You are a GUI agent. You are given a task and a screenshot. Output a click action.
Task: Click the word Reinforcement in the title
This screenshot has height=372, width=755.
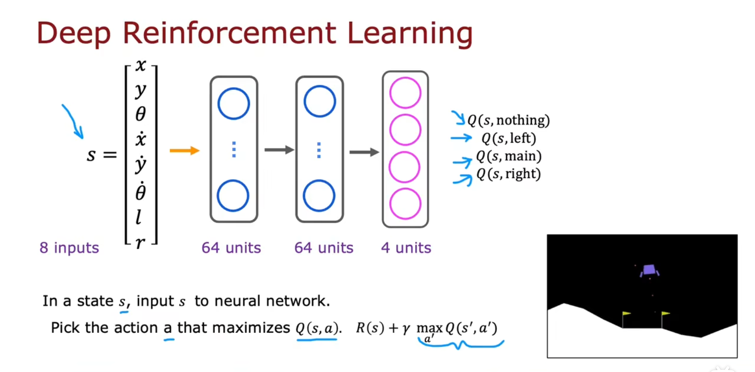[229, 33]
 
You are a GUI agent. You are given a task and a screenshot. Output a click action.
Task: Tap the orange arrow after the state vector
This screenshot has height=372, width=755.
[184, 151]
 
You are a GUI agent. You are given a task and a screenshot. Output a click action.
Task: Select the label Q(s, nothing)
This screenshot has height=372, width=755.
[509, 120]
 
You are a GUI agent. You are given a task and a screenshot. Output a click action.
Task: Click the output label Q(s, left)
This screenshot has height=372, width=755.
[509, 138]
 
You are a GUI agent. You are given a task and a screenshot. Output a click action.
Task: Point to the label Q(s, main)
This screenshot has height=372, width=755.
[509, 156]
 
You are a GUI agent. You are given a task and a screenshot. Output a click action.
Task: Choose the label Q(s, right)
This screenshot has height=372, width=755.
[509, 173]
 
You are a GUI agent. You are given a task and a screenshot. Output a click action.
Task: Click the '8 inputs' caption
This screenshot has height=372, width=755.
[69, 248]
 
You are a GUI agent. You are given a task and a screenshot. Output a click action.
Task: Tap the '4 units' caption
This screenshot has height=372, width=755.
[406, 248]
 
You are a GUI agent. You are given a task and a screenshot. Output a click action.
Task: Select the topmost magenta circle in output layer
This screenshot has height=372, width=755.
[405, 93]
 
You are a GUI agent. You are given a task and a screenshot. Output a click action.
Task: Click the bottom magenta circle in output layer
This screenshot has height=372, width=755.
[405, 203]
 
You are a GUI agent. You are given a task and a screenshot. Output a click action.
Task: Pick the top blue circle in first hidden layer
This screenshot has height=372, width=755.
[233, 103]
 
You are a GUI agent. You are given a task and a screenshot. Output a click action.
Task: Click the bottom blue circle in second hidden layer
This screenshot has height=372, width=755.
[319, 195]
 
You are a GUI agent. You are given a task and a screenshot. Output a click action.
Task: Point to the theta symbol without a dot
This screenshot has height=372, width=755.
[140, 114]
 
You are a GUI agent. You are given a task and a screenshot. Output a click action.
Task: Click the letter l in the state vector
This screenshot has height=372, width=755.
[139, 217]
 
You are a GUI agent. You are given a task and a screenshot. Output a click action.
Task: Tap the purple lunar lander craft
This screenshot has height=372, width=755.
[649, 270]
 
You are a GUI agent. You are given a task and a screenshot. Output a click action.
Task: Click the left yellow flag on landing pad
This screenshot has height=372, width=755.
[626, 314]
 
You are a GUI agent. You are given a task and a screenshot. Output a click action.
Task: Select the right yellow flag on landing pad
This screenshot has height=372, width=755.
[666, 314]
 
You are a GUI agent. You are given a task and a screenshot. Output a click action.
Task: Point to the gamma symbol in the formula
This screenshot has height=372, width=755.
[406, 329]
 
